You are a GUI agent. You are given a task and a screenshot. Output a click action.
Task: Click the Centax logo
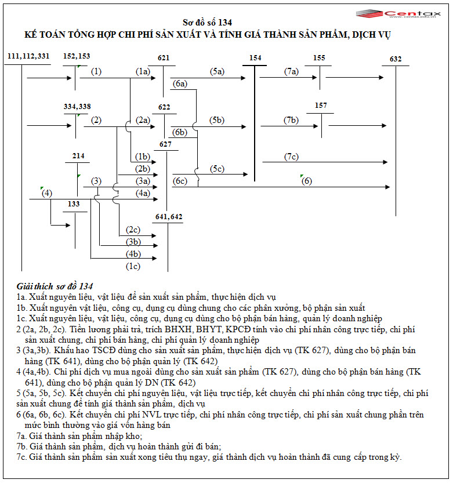click(x=401, y=14)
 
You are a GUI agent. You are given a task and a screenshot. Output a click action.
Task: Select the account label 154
click(x=255, y=58)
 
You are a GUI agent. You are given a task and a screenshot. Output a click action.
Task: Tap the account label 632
click(x=396, y=59)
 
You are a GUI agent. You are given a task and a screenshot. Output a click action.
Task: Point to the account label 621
click(x=164, y=58)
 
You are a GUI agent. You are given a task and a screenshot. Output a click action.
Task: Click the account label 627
click(x=166, y=144)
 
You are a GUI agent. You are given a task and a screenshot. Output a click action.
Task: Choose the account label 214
click(x=78, y=156)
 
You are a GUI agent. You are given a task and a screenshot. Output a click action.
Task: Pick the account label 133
click(x=74, y=204)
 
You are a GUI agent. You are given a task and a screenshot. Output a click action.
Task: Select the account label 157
click(x=321, y=106)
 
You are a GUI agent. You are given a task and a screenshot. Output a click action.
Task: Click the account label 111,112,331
click(x=29, y=56)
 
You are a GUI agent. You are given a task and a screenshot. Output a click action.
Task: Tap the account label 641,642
click(x=169, y=216)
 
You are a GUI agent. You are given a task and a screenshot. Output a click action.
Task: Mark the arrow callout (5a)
click(x=218, y=72)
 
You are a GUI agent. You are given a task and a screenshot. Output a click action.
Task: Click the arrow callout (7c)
click(x=291, y=157)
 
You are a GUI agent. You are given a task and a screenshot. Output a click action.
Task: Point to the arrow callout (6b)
click(x=180, y=132)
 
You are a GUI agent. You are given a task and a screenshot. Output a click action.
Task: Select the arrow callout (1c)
click(x=133, y=266)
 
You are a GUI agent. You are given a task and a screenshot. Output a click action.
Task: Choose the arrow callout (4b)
click(x=133, y=254)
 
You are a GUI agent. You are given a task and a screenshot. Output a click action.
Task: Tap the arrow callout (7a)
click(x=291, y=72)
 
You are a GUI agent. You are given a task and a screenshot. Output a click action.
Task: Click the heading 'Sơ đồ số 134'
click(x=208, y=23)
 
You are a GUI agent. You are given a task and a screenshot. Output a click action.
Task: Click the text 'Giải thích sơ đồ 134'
click(x=55, y=286)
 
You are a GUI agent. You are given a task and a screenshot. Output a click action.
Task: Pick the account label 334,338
click(x=77, y=107)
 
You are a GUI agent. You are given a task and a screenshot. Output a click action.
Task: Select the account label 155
click(x=319, y=58)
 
